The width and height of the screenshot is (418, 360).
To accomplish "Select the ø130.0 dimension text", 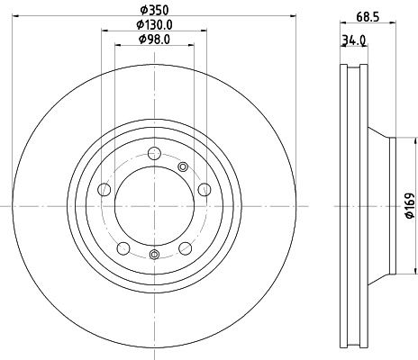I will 154,24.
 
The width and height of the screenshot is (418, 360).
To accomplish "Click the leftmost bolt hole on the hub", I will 104,189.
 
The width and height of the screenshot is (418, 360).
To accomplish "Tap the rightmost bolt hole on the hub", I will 204,189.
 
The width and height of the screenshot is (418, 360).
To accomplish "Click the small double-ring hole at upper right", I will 184,166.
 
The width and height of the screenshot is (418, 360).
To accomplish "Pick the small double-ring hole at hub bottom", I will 154,256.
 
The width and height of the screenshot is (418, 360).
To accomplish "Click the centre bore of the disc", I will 154,206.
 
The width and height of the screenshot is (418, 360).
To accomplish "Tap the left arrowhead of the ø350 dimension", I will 17,16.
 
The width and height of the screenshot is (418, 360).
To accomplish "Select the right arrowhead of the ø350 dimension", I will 291,16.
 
